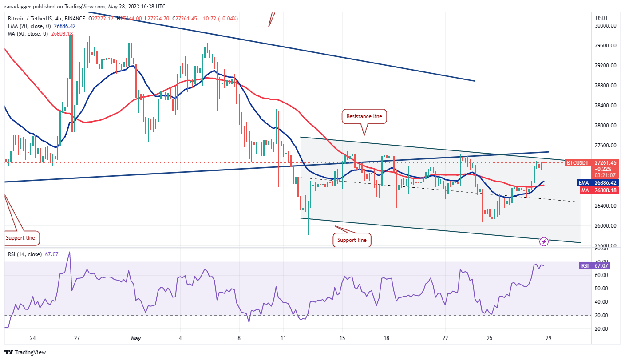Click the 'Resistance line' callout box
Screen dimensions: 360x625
pyautogui.click(x=364, y=116)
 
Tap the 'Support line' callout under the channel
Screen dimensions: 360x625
pyautogui.click(x=352, y=240)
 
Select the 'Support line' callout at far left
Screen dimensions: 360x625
pyautogui.click(x=20, y=238)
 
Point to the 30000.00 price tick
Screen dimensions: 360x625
pyautogui.click(x=605, y=26)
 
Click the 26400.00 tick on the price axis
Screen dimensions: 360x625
pyautogui.click(x=605, y=206)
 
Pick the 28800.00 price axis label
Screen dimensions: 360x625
pyautogui.click(x=605, y=86)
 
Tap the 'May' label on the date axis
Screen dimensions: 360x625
pyautogui.click(x=136, y=338)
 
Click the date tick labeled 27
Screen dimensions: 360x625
pyautogui.click(x=77, y=338)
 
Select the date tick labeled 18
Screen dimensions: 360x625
pyautogui.click(x=387, y=338)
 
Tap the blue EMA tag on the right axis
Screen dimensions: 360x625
pyautogui.click(x=583, y=182)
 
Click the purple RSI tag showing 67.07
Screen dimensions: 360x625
pyautogui.click(x=585, y=266)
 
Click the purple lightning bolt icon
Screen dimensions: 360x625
pyautogui.click(x=544, y=242)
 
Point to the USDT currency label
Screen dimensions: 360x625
pyautogui.click(x=601, y=18)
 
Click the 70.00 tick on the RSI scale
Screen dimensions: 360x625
pyautogui.click(x=602, y=261)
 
